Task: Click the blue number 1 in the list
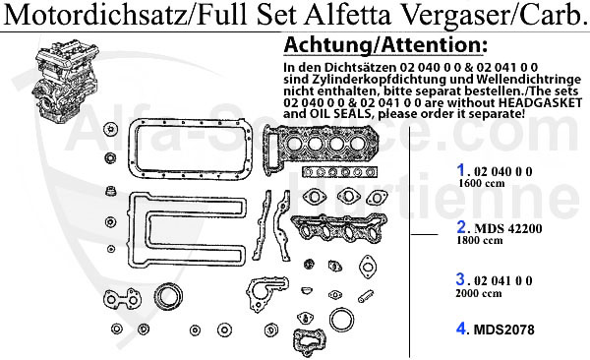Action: click(460, 169)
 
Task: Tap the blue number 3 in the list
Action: click(460, 279)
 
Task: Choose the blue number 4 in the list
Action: click(461, 329)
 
